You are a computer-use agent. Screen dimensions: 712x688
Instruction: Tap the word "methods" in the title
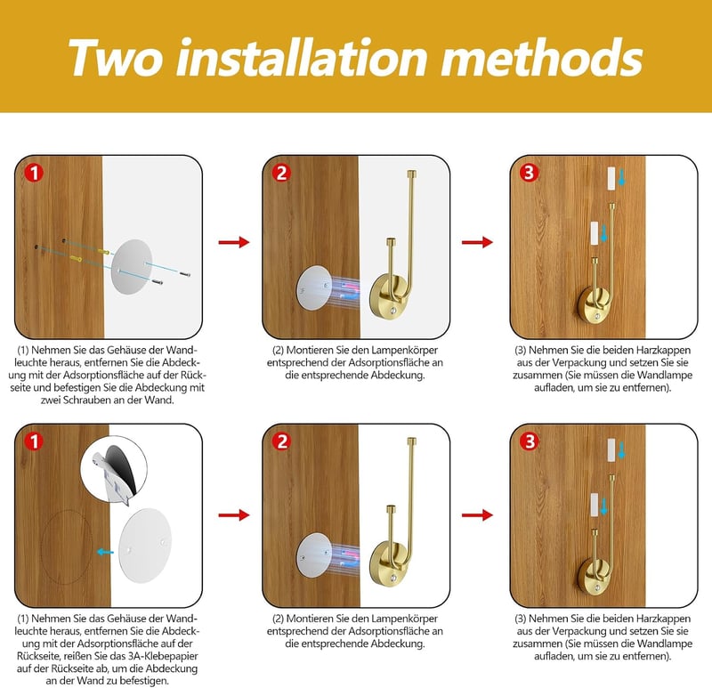(x=542, y=57)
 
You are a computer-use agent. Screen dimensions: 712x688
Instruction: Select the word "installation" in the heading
(x=302, y=57)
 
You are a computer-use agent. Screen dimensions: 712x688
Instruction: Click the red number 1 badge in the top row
(x=34, y=173)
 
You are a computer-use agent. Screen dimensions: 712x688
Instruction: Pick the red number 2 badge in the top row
(x=281, y=173)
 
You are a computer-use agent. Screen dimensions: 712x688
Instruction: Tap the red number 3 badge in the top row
(x=530, y=173)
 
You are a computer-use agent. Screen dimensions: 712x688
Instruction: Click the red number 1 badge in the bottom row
(x=34, y=441)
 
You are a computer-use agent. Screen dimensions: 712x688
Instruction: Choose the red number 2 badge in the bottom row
(x=281, y=441)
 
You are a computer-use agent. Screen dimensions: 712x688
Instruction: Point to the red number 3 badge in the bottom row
(x=530, y=441)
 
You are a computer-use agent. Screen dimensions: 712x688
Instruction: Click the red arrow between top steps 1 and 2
(x=234, y=242)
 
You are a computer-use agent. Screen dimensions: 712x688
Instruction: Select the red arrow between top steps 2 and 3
(x=477, y=242)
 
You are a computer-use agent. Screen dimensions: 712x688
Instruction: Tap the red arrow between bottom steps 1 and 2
(x=234, y=515)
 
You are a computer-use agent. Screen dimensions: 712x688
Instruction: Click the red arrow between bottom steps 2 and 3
(x=477, y=515)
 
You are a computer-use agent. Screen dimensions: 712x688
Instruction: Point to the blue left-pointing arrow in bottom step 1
(x=105, y=552)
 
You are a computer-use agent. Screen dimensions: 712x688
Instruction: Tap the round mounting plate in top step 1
(x=132, y=267)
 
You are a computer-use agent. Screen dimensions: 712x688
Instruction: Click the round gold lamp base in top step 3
(x=595, y=306)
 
